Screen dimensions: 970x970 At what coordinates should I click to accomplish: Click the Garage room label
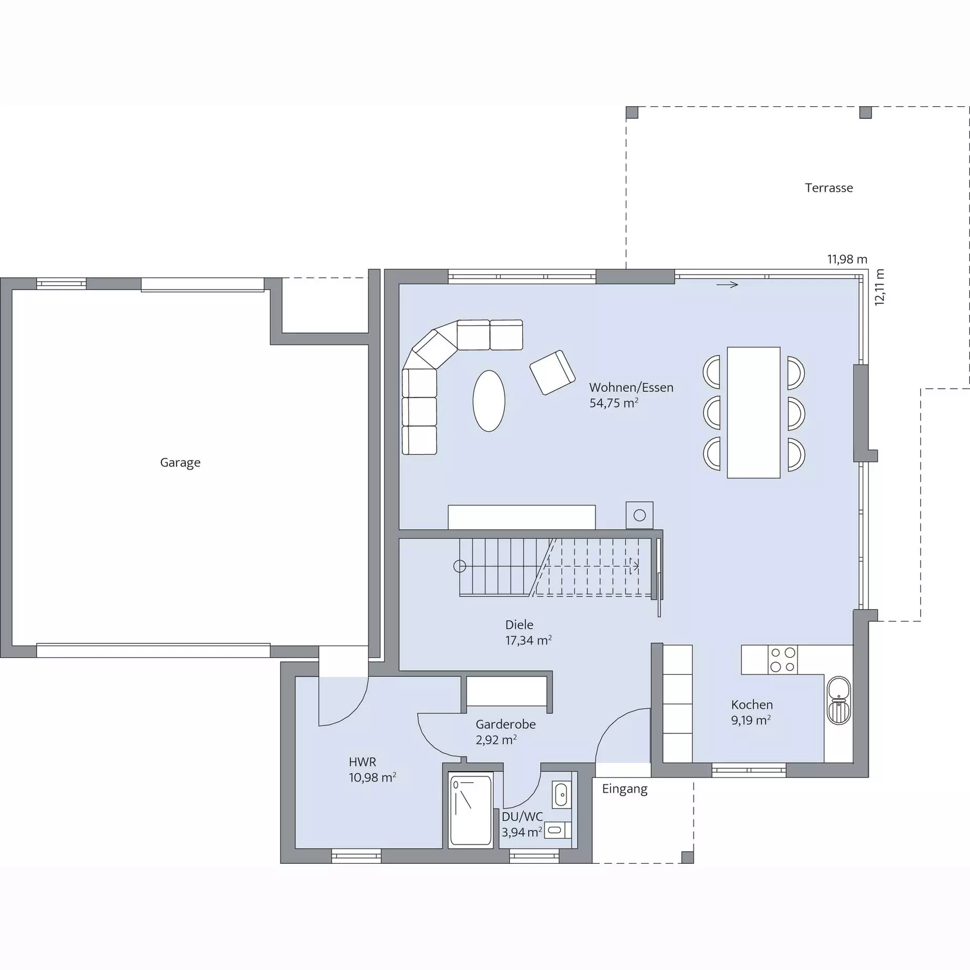point(180,463)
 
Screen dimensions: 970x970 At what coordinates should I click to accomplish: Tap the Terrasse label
point(828,188)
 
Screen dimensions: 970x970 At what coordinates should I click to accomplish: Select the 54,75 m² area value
point(613,403)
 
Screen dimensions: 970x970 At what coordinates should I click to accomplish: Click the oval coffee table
point(489,401)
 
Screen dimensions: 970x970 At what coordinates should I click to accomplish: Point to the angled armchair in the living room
point(552,372)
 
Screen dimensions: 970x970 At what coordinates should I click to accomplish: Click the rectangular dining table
point(753,412)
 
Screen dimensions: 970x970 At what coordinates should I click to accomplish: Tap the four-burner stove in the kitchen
point(782,660)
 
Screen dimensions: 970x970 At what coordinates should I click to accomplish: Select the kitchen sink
point(838,701)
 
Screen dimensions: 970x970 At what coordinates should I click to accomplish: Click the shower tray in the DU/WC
point(470,810)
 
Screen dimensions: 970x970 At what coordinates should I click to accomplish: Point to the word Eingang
point(624,790)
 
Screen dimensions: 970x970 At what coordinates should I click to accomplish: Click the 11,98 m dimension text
point(847,259)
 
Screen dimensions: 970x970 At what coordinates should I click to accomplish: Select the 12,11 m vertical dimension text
point(880,287)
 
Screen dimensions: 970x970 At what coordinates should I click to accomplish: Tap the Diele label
point(519,624)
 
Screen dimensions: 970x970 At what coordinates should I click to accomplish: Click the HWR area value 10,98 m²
point(372,777)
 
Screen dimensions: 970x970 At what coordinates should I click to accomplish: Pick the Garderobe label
point(506,724)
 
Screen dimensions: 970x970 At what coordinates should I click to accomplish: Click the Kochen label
point(752,705)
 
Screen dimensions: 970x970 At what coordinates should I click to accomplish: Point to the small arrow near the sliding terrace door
point(727,285)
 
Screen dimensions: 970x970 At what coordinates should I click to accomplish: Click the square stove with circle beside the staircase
point(639,515)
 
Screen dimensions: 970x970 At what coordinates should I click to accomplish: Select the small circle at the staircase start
point(460,567)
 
